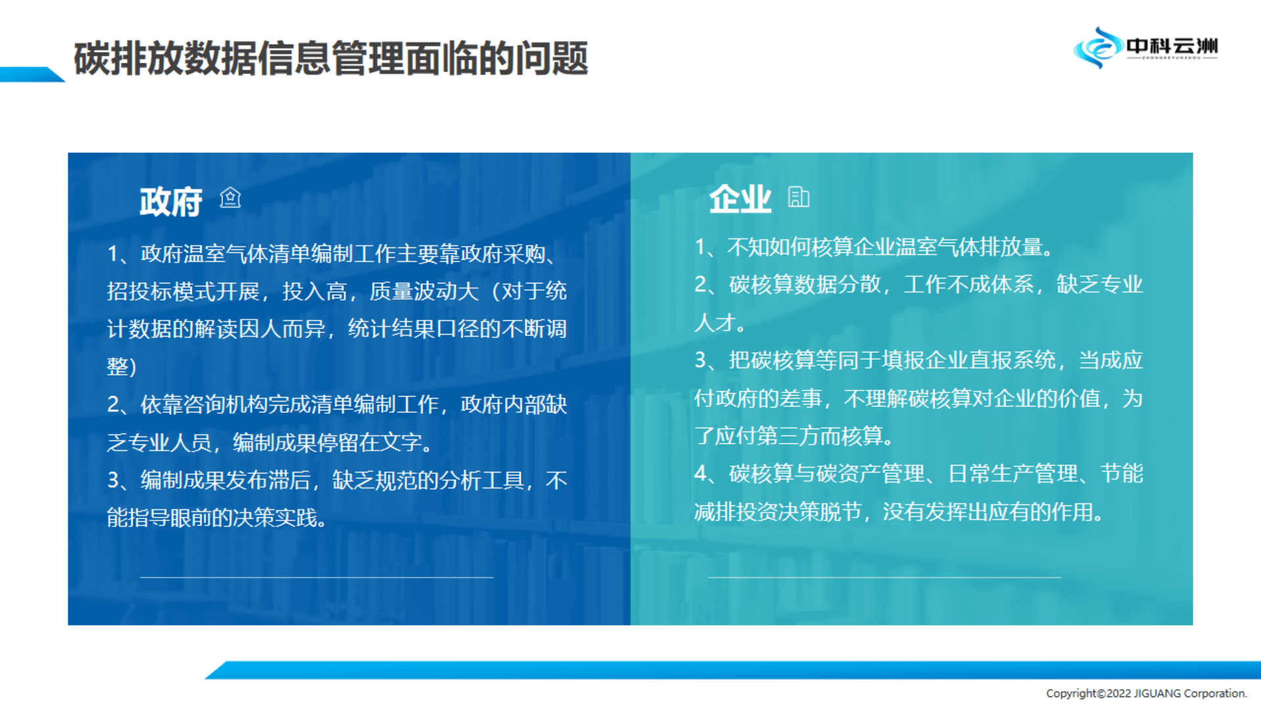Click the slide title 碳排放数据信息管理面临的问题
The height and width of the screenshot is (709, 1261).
[x=330, y=58]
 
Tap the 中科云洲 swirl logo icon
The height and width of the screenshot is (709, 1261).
[x=1097, y=47]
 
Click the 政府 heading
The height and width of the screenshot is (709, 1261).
[x=171, y=201]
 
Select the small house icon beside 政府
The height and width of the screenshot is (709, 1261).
[x=231, y=197]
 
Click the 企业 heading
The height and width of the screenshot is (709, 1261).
[x=740, y=198]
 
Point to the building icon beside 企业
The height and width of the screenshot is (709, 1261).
[x=799, y=196]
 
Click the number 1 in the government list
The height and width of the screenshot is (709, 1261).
[x=113, y=253]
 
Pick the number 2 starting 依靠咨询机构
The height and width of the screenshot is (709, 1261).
[x=113, y=404]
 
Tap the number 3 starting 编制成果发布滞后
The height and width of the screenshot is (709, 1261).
[x=113, y=480]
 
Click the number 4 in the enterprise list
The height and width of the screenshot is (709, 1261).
[x=700, y=473]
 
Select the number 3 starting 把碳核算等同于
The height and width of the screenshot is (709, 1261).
[x=700, y=360]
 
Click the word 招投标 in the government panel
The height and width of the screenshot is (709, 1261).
[x=139, y=291]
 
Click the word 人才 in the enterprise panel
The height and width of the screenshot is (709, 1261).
[x=715, y=322]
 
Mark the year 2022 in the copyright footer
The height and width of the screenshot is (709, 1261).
[x=1119, y=693]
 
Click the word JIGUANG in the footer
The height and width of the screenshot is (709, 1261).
[x=1157, y=693]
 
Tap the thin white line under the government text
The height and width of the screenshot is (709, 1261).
[x=317, y=577]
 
